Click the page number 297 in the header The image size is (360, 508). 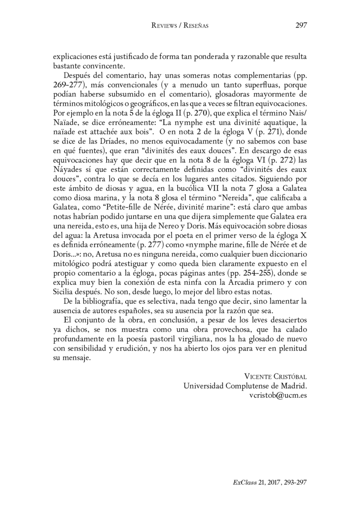(x=301, y=25)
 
